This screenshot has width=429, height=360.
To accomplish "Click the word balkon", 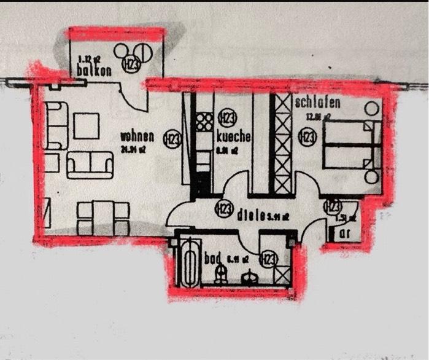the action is [95, 71].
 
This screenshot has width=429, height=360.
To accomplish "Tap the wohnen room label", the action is [137, 136].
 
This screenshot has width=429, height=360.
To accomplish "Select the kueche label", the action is [233, 137].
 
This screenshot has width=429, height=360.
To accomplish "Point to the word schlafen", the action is [317, 103].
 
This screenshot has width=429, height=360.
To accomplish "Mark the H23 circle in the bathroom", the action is [269, 260].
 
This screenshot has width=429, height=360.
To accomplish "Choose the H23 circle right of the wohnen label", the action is [171, 140].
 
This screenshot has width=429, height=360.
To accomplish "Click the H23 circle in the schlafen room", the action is [305, 136].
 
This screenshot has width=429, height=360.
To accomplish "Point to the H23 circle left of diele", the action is [223, 209].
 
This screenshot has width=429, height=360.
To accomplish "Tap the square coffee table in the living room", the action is [86, 126].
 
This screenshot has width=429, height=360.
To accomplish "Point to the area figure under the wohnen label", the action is [133, 149].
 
